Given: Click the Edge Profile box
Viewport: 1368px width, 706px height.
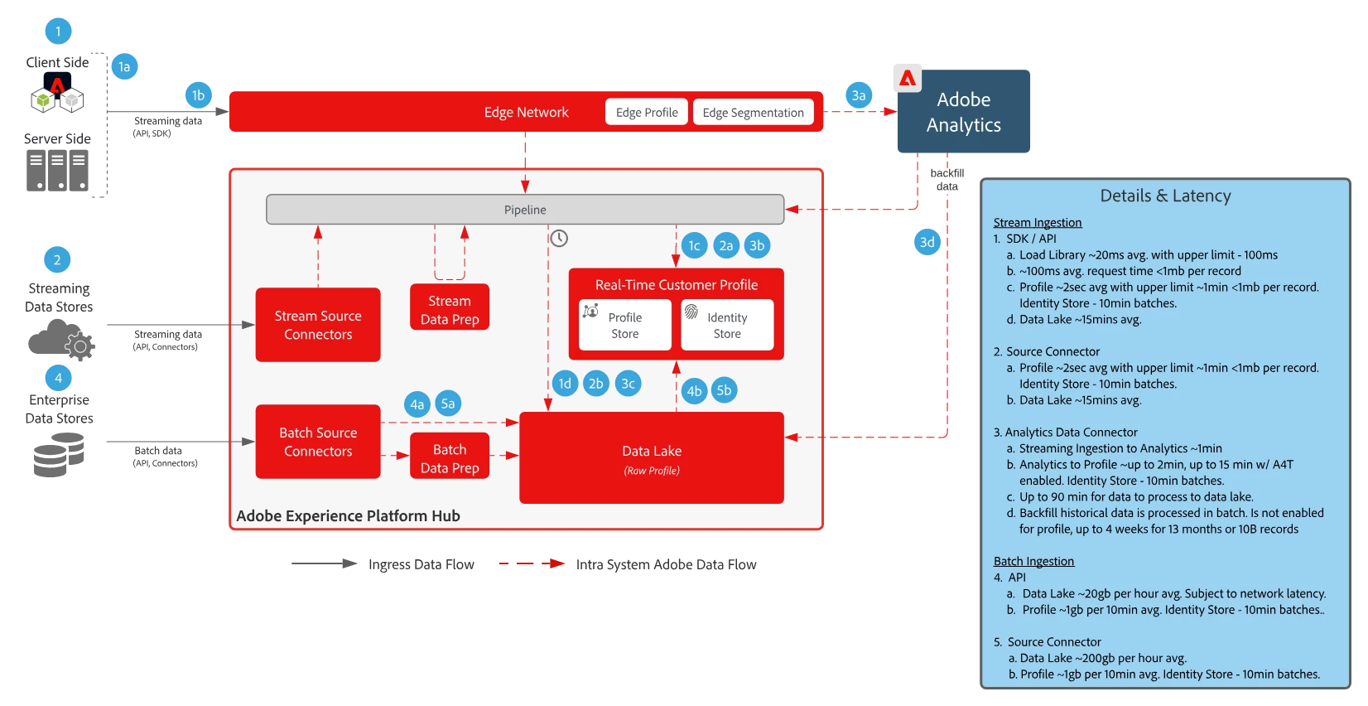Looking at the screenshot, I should point(647,112).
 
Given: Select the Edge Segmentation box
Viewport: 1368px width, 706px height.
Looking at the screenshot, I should point(753,112).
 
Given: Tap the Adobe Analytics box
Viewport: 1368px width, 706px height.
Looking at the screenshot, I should point(964,112).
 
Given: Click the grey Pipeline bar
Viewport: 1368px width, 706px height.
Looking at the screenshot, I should point(525,210).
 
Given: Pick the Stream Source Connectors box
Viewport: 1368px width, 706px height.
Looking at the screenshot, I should point(318,325).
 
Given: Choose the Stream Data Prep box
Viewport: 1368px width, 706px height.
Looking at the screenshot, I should point(450,309).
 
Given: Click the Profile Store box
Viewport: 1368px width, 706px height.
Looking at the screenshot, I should point(624,325).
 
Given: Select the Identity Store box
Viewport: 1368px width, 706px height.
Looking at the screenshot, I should point(727,325).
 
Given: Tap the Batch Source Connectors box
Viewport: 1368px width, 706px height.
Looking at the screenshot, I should point(318,442).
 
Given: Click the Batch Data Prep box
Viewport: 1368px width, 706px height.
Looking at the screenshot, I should point(450,458).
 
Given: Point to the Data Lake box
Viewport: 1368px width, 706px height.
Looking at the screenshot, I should point(652,457).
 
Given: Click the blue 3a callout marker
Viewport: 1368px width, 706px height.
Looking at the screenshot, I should point(859,95).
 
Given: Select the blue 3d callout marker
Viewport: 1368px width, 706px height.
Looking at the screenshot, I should point(927,242).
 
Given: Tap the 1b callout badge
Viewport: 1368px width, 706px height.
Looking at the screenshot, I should point(198,95).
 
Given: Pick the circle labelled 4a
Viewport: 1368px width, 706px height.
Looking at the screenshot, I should point(417,404).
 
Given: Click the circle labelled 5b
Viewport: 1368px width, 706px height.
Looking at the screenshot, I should point(724,390).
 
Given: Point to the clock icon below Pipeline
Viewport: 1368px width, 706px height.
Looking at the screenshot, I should point(559,239).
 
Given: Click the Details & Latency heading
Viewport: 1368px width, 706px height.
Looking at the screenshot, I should point(1165,196).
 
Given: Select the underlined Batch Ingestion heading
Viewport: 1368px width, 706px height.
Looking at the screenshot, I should point(1033,561).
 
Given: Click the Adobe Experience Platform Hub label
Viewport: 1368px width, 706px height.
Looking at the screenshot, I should point(348,515).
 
